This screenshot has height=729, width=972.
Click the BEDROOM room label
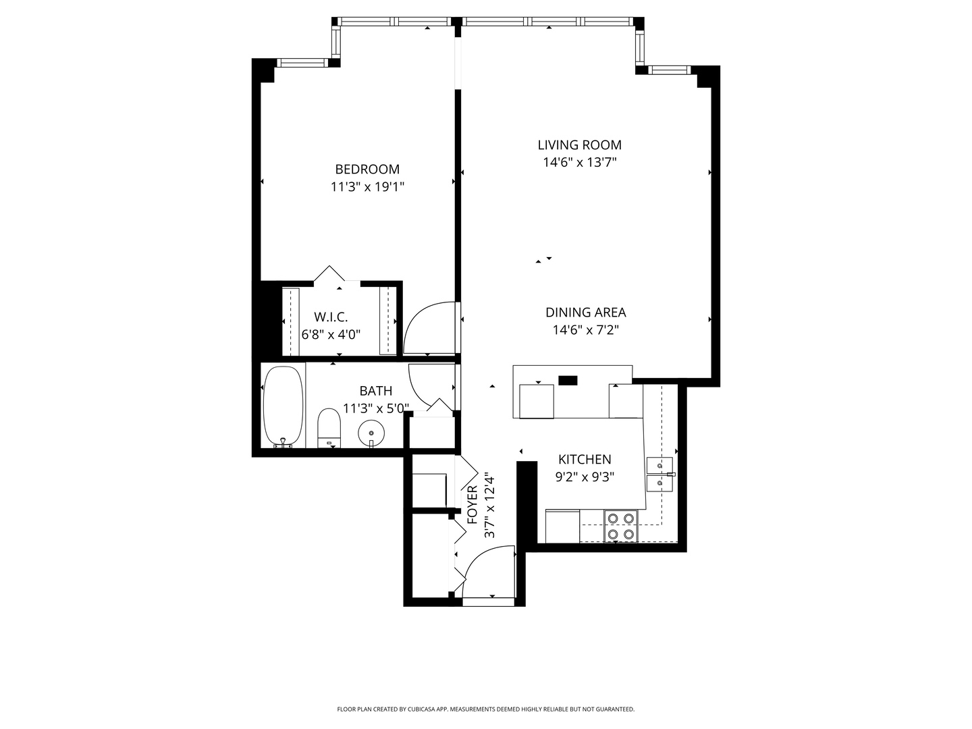367,169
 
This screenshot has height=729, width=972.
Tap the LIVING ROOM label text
579,144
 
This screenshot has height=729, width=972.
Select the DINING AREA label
585,313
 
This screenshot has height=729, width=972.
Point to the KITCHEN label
585,460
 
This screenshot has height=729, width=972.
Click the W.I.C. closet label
331,317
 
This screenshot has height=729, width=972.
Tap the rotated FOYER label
473,505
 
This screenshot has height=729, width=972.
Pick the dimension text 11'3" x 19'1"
368,187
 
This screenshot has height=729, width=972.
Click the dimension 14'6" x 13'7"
580,163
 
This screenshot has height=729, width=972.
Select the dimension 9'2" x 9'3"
585,477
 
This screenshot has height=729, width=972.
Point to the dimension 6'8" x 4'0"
331,334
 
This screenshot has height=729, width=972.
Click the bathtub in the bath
283,406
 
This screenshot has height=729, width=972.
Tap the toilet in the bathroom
329,427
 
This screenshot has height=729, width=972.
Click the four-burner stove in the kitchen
621,526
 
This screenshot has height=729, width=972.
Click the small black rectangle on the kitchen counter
568,380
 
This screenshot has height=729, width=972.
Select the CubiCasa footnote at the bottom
486,709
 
